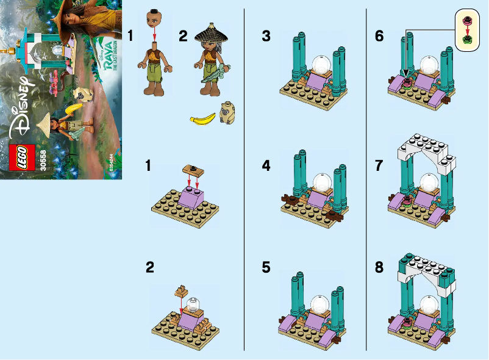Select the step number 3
click(266, 36)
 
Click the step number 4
click(266, 165)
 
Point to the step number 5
click(266, 267)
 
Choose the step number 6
click(380, 36)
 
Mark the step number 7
click(380, 165)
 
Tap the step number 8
click(380, 267)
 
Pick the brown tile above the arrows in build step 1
click(190, 168)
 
